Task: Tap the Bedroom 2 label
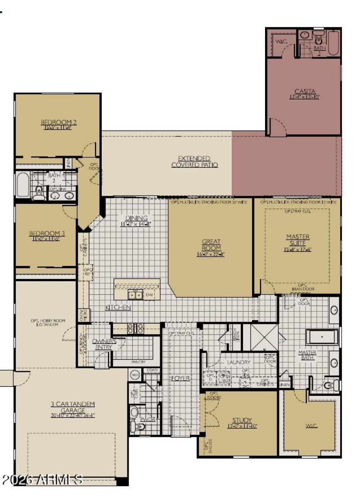59,122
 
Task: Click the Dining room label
136,218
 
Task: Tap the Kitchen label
118,307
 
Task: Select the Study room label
242,421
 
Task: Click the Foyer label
180,378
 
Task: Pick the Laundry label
238,362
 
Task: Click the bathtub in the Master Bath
322,336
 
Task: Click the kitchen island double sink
135,295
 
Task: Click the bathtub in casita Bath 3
333,43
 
